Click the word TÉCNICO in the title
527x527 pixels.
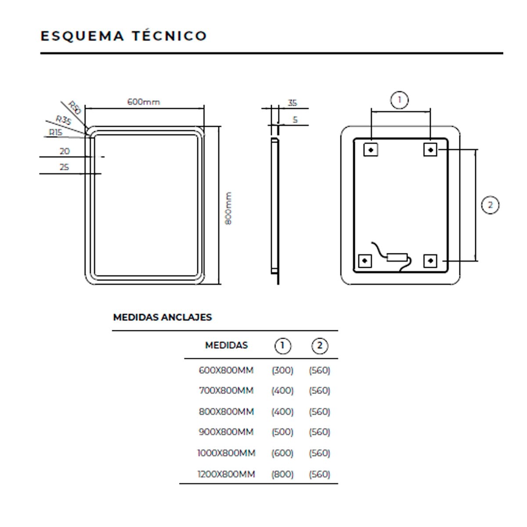[x=170, y=36]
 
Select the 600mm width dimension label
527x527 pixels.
[x=144, y=102]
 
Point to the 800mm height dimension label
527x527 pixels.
[x=228, y=209]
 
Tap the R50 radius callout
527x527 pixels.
[x=75, y=108]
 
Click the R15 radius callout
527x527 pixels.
[x=55, y=132]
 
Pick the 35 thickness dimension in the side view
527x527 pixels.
[x=292, y=103]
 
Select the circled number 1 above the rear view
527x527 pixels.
[x=399, y=100]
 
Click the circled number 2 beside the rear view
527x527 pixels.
[x=490, y=205]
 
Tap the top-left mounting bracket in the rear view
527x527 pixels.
[x=371, y=150]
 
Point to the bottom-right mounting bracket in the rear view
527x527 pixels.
[x=430, y=261]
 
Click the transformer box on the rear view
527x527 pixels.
[x=397, y=257]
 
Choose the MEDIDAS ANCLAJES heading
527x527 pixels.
[x=162, y=317]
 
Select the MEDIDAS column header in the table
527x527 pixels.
[x=227, y=345]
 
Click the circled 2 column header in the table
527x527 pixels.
[x=319, y=346]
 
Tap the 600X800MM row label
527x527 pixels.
[x=226, y=370]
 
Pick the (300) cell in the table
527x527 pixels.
[x=282, y=370]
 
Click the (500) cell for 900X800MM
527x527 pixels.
[x=282, y=432]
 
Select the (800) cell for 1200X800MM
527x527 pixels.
[x=282, y=474]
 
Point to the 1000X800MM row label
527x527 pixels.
[x=226, y=453]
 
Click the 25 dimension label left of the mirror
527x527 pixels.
[x=65, y=167]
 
